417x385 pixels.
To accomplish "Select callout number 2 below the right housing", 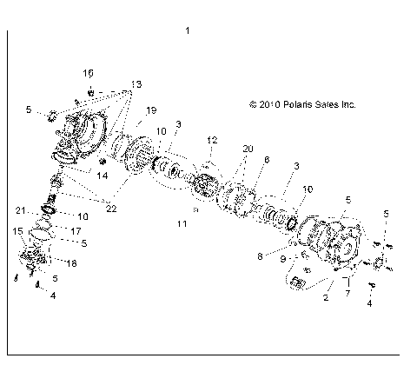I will (326, 297).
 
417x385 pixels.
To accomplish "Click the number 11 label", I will (182, 223).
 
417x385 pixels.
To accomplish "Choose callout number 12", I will (211, 140).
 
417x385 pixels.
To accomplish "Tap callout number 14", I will (102, 175).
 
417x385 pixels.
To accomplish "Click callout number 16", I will (89, 71).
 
